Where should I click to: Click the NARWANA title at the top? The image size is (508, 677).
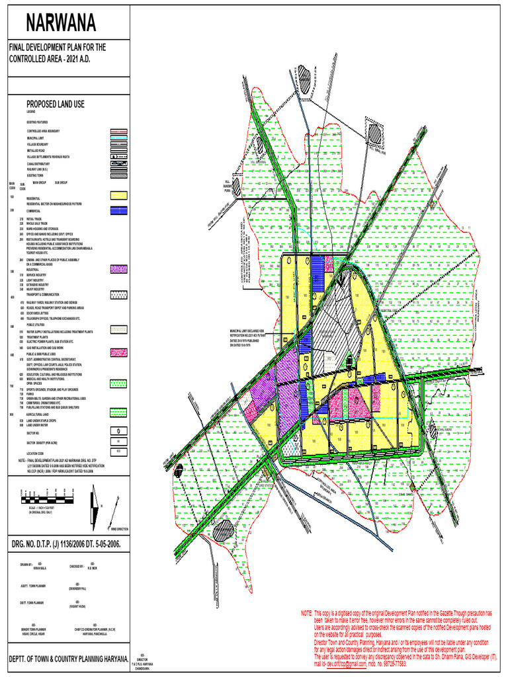pyautogui.click(x=61, y=23)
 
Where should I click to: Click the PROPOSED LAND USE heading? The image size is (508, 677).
pyautogui.click(x=56, y=104)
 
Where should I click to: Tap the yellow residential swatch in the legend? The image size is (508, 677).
pyautogui.click(x=118, y=196)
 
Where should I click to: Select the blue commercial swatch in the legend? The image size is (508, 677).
pyautogui.click(x=118, y=210)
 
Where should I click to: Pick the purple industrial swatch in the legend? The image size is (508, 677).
pyautogui.click(x=118, y=269)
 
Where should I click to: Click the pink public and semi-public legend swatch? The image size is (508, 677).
pyautogui.click(x=118, y=351)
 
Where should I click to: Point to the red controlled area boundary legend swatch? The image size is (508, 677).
pyautogui.click(x=118, y=132)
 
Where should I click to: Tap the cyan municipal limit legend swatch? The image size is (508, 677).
pyautogui.click(x=118, y=138)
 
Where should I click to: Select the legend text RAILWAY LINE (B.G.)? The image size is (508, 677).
pyautogui.click(x=39, y=169)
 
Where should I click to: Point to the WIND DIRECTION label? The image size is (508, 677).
pyautogui.click(x=119, y=530)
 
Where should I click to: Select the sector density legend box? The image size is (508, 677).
pyautogui.click(x=118, y=439)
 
